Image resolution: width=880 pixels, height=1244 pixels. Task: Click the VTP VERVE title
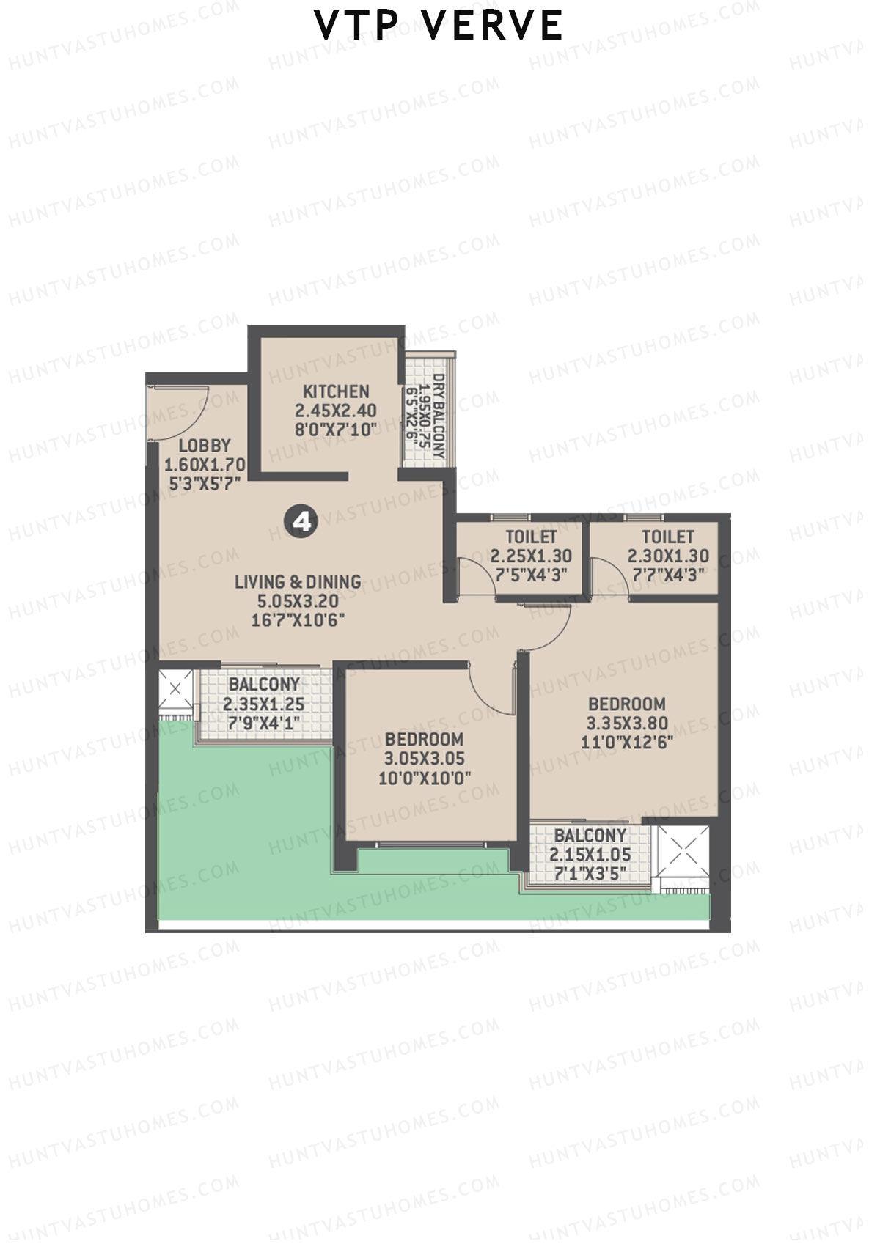click(x=439, y=26)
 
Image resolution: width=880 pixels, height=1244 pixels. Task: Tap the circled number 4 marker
click(x=300, y=521)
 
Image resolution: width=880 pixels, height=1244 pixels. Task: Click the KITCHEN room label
click(x=336, y=391)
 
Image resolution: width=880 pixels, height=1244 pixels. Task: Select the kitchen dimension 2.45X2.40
click(x=336, y=411)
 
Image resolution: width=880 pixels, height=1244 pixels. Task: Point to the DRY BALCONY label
click(x=439, y=416)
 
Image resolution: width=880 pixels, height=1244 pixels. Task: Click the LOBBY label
click(x=205, y=445)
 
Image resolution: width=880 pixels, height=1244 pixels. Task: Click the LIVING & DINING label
click(x=298, y=581)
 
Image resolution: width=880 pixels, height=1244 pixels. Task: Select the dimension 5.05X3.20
click(x=298, y=601)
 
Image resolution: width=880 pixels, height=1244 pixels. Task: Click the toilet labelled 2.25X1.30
click(x=531, y=556)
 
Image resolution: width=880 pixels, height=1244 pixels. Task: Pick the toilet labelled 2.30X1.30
click(x=667, y=556)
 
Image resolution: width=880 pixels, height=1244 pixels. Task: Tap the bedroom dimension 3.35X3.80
click(x=627, y=723)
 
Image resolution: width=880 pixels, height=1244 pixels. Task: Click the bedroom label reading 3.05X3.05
click(x=425, y=758)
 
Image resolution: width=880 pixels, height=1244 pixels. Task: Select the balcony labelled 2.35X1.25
click(x=263, y=704)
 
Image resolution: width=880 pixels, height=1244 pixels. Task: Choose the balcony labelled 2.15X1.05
click(x=590, y=854)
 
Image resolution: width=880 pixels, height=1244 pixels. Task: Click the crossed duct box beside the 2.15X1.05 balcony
click(x=683, y=851)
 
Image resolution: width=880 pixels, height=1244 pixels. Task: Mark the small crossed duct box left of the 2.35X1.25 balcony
click(x=175, y=688)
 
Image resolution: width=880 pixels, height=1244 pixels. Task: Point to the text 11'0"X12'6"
click(x=627, y=742)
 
